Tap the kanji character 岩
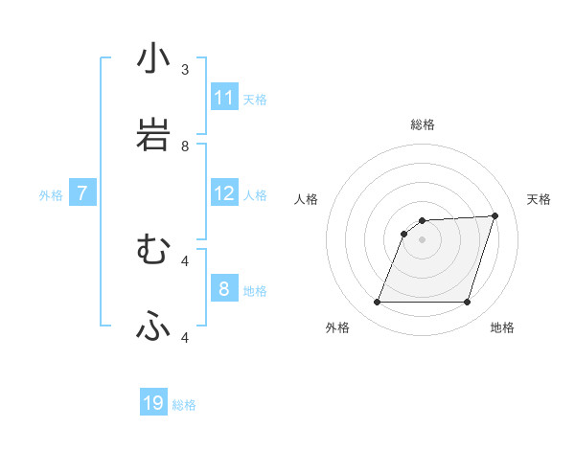click(153, 135)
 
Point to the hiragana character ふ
click(153, 326)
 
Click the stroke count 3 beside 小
click(185, 70)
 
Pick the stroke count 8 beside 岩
click(185, 146)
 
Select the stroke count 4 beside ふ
click(185, 337)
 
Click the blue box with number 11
click(224, 98)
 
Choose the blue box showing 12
click(224, 193)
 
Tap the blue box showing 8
click(224, 289)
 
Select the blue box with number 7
click(82, 193)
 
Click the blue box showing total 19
click(153, 403)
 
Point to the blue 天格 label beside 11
click(255, 99)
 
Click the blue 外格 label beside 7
click(51, 195)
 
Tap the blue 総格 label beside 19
click(184, 405)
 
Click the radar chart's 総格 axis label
click(423, 124)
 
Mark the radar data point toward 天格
click(495, 215)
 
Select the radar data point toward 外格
click(378, 303)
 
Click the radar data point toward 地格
click(467, 303)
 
